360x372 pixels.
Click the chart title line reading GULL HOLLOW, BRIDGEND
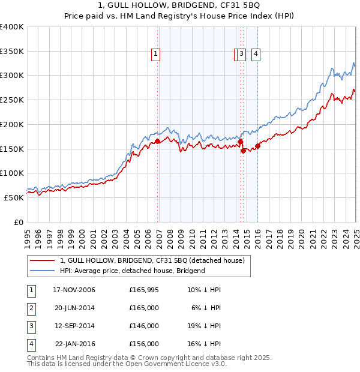[179, 6]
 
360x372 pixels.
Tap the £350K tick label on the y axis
[12, 52]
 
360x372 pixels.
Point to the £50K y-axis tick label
[14, 197]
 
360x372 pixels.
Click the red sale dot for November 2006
[158, 142]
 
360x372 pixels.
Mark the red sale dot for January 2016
[258, 146]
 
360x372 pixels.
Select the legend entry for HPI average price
[132, 271]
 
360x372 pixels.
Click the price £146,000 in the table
[144, 326]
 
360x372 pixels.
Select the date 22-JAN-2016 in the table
[74, 344]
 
